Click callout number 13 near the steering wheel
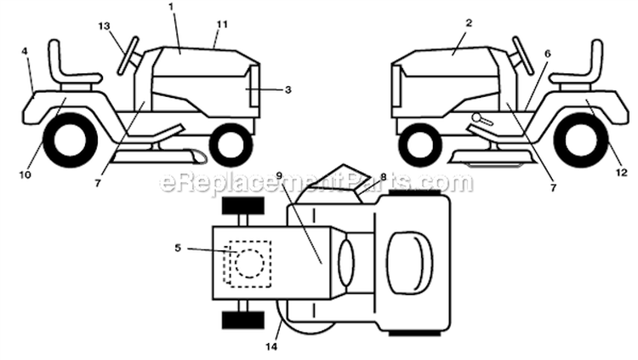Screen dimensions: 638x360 (x=104, y=26)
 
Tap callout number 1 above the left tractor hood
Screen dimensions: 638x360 (x=171, y=7)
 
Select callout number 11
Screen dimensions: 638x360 (x=222, y=25)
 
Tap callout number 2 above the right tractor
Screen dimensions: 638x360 (x=469, y=23)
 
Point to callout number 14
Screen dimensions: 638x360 (x=271, y=347)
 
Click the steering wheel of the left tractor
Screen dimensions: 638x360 (x=128, y=55)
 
